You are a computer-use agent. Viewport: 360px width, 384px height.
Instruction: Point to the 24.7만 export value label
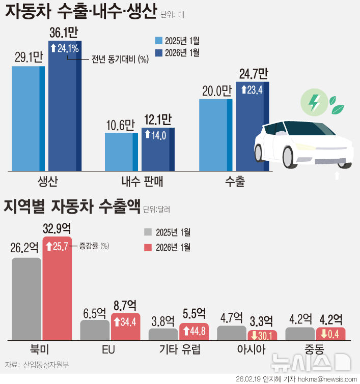253,75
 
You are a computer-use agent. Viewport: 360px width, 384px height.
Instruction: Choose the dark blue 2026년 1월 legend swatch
159,52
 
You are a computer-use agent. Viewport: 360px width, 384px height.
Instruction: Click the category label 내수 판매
143,182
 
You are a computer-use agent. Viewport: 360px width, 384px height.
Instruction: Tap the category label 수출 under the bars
235,182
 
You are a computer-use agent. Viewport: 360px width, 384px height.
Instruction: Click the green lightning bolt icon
315,102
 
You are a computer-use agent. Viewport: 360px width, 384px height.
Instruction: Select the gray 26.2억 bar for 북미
26,299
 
